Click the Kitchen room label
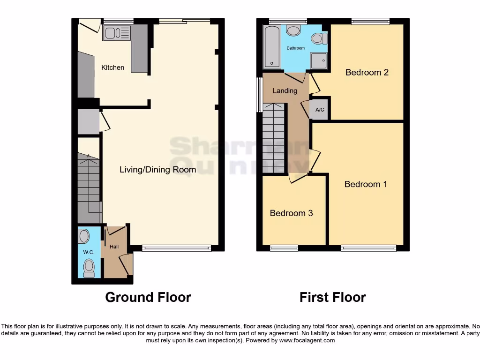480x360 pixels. pos(113,67)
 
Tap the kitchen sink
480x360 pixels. pos(116,33)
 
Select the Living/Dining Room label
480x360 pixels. pos(157,169)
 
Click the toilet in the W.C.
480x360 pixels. pos(88,268)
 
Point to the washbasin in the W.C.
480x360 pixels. pos(84,236)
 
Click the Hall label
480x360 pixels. pos(114,247)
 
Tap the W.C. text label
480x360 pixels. pos(89,252)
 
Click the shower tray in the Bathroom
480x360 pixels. pos(319,61)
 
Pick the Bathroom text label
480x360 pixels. pos(296,48)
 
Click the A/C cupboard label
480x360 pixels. pos(320,110)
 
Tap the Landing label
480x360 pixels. pos(285,91)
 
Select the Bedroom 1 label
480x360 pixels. pos(366,184)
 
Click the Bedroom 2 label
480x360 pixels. pos(367,72)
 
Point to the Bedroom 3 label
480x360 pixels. pos(291,213)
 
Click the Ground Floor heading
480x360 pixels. pos(148,297)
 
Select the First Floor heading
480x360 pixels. pos(333,297)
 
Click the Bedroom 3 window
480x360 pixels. pos(284,248)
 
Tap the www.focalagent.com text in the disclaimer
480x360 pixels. pos(307,340)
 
